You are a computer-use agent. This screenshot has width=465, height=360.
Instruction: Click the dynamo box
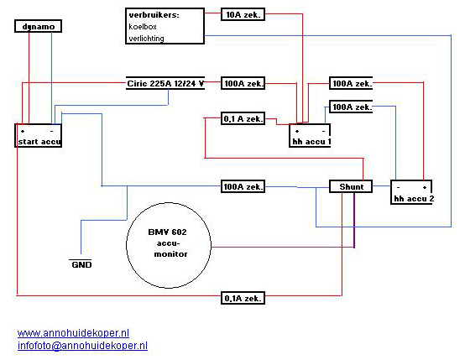pyautogui.click(x=39, y=26)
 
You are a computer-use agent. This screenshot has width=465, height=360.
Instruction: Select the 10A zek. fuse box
pyautogui.click(x=243, y=14)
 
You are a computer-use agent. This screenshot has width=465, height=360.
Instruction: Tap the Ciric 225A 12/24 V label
pyautogui.click(x=165, y=83)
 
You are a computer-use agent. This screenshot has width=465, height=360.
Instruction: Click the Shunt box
pyautogui.click(x=351, y=186)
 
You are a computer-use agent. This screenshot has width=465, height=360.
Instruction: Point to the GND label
pyautogui.click(x=81, y=264)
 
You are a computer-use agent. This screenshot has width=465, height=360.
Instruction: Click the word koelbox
pyautogui.click(x=143, y=27)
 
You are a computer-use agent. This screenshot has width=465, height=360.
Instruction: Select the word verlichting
pyautogui.click(x=146, y=39)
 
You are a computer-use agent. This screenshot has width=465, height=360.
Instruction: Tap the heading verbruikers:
pyautogui.click(x=154, y=15)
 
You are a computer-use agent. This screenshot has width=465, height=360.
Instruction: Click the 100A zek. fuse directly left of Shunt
pyautogui.click(x=243, y=186)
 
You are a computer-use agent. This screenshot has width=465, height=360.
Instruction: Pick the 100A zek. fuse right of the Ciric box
pyautogui.click(x=243, y=83)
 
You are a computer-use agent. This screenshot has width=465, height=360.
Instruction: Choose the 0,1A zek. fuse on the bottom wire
pyautogui.click(x=243, y=298)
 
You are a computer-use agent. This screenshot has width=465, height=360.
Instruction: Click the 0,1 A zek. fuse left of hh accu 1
pyautogui.click(x=243, y=118)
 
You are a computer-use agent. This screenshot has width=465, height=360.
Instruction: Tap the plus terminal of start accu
pyautogui.click(x=23, y=131)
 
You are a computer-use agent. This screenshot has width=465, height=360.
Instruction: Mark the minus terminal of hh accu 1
pyautogui.click(x=323, y=131)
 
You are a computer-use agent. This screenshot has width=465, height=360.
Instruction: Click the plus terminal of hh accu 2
pyautogui.click(x=425, y=187)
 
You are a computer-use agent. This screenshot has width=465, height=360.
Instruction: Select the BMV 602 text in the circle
pyautogui.click(x=167, y=232)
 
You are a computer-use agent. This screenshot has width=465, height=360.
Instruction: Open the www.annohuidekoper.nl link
pyautogui.click(x=73, y=333)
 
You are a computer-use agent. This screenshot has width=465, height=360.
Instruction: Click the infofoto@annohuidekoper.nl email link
pyautogui.click(x=82, y=346)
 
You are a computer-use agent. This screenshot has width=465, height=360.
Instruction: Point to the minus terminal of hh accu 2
pyautogui.click(x=399, y=187)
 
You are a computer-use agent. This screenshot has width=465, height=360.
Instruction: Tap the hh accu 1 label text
pyautogui.click(x=311, y=142)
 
